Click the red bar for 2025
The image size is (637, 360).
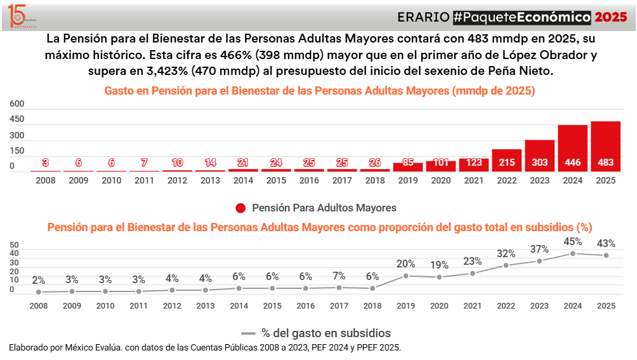click(605, 147)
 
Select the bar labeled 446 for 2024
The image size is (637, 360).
click(572, 149)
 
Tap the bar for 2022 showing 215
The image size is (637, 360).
click(506, 161)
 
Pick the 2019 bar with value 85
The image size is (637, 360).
click(407, 167)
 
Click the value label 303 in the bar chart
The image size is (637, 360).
click(539, 163)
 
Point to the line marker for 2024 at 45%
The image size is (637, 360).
click(573, 253)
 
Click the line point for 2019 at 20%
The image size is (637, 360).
click(406, 276)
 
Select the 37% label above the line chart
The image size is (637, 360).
click(539, 249)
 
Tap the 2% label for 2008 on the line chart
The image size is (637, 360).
click(39, 280)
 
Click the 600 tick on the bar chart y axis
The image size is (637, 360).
click(17, 103)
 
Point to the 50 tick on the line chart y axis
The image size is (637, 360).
click(15, 244)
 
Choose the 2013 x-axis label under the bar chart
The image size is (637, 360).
click(210, 180)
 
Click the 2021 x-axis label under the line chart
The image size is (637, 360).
click(473, 305)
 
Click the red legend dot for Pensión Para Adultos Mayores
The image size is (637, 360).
click(240, 208)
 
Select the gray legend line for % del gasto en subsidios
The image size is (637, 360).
click(248, 333)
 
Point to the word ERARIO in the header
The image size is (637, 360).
click(423, 17)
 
